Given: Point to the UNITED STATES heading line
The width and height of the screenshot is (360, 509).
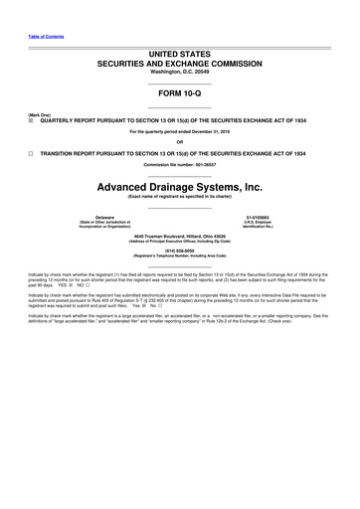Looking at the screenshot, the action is [180, 51].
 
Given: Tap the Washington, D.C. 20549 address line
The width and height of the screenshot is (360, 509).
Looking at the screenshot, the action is [180, 70].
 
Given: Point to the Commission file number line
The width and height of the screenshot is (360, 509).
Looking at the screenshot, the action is [180, 165].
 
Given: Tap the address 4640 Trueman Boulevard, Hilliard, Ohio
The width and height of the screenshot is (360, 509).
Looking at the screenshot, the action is [180, 235].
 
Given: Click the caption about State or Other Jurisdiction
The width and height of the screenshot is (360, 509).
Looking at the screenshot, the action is [103, 224].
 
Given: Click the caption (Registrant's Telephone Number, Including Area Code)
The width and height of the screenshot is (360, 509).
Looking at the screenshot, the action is [180, 256].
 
